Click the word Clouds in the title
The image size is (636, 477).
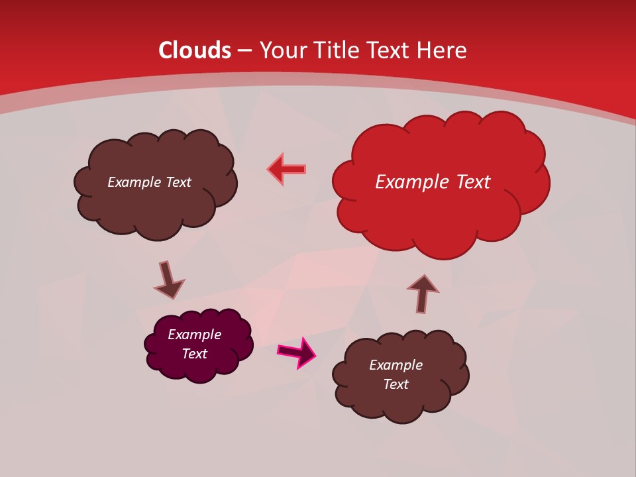195,50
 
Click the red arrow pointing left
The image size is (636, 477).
287,169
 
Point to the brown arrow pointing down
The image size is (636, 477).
168,280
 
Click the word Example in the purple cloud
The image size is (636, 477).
194,335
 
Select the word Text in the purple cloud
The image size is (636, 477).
194,354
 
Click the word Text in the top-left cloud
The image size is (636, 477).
178,182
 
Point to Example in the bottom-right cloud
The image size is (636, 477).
396,365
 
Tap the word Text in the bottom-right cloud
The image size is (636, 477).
396,384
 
